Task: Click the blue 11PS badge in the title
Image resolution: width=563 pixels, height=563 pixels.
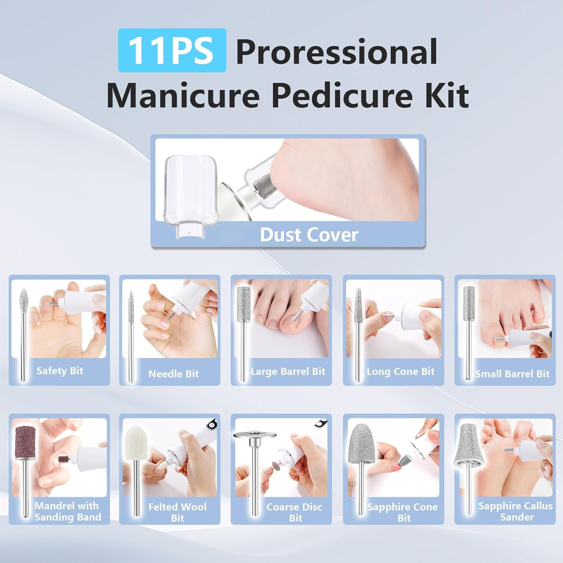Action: [172, 50]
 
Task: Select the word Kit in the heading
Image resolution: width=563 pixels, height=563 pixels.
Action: [447, 95]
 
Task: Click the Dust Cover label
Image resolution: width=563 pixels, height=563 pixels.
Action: [309, 235]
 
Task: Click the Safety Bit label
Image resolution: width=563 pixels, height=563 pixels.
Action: [60, 371]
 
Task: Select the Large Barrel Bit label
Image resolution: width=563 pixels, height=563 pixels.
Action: [288, 372]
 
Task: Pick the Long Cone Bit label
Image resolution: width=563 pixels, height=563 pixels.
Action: [400, 372]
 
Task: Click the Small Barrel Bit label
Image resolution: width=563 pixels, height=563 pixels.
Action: [512, 374]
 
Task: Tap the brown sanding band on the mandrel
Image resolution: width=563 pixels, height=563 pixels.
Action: [25, 442]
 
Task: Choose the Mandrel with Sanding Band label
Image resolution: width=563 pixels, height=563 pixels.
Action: [68, 511]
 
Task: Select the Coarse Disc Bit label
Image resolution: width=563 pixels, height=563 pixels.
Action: [294, 512]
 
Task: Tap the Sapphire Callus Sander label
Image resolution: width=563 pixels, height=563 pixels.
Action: [515, 511]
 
